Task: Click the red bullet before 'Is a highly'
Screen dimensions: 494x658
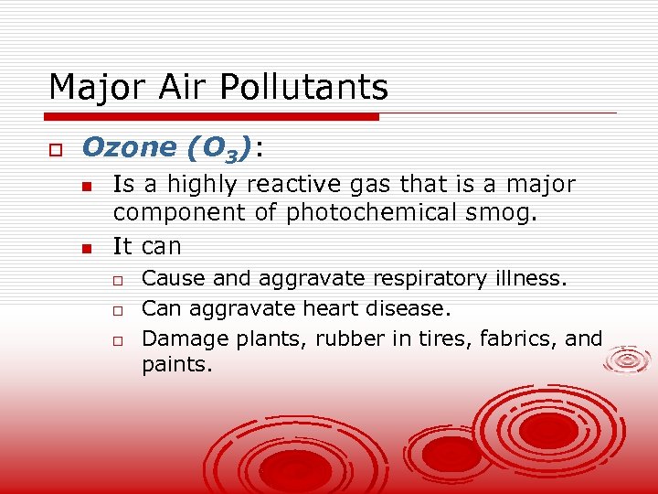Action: pyautogui.click(x=87, y=186)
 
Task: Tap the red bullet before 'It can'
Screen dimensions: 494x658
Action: pyautogui.click(x=87, y=247)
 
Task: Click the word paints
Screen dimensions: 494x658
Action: pyautogui.click(x=176, y=366)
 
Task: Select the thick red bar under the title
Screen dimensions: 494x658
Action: pyautogui.click(x=212, y=117)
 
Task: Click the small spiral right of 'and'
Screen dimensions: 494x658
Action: pyautogui.click(x=629, y=360)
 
